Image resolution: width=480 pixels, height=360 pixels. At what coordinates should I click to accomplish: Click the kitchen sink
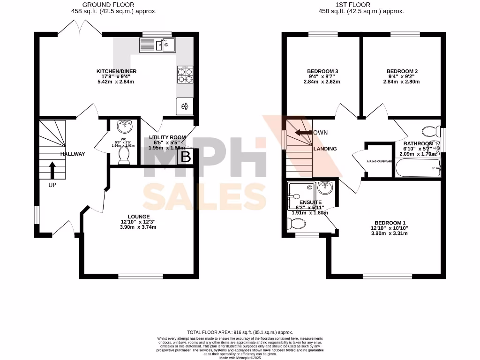(x=157, y=45)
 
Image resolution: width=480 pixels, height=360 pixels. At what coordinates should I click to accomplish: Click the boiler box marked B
(x=186, y=157)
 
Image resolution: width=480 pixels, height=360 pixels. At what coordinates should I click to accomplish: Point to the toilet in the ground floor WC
(x=124, y=155)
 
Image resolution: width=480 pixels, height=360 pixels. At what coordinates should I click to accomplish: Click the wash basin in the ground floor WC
(x=124, y=127)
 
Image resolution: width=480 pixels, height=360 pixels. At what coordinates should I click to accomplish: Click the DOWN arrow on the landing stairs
(x=304, y=133)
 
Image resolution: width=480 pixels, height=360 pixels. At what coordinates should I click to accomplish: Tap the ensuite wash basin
(x=326, y=188)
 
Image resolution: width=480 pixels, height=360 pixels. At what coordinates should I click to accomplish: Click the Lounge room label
(x=138, y=216)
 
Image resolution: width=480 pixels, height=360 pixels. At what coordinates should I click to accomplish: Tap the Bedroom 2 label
(x=402, y=71)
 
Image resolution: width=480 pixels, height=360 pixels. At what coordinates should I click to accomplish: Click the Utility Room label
(x=167, y=137)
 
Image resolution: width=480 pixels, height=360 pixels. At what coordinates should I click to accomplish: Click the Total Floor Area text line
(x=240, y=331)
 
